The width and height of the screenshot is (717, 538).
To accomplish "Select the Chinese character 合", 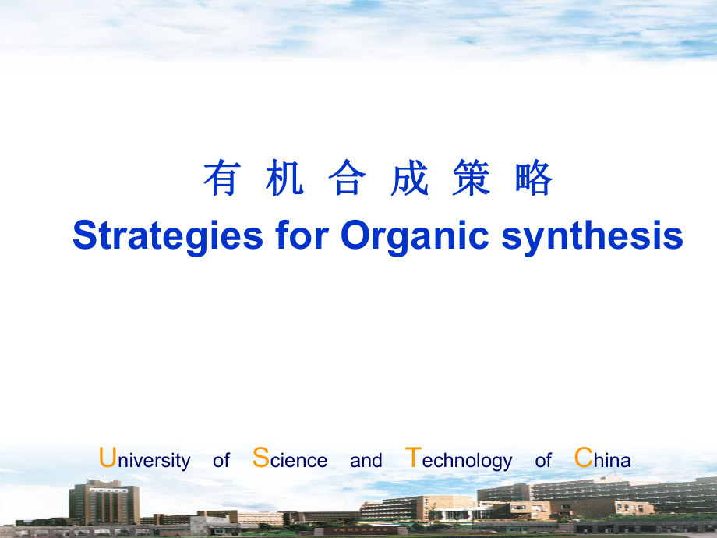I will tap(347, 179).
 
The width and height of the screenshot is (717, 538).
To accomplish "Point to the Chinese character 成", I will tap(409, 179).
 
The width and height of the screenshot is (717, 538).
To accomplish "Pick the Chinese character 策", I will tap(472, 179).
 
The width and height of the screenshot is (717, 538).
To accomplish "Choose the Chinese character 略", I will tap(534, 179).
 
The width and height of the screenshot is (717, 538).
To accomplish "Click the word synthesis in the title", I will tap(592, 236).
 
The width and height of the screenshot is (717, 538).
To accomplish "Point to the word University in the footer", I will tap(145, 459).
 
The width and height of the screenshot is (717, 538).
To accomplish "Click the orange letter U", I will tap(108, 458).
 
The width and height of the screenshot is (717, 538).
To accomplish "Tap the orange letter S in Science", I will tap(261, 458).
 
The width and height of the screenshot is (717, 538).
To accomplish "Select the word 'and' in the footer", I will tap(366, 461).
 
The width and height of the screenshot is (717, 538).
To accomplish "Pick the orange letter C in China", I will tap(583, 458).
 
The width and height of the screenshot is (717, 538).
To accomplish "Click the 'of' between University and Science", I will tap(221, 461).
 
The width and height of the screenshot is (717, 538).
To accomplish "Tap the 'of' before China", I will tap(543, 461).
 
